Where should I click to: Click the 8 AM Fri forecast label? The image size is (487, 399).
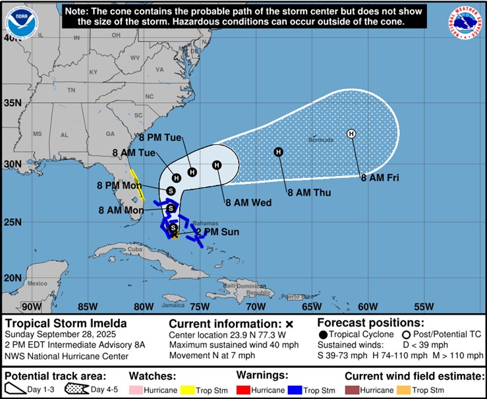pos(380,177)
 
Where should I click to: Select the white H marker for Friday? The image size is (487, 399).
pos(351,134)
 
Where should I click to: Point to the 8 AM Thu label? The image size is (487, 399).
pos(308,193)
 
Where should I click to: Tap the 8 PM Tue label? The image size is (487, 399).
pos(159,138)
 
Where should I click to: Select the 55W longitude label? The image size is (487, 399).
pos(424,306)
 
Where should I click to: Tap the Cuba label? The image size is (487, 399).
pos(134,249)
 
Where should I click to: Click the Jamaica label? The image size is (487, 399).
pos(171,305)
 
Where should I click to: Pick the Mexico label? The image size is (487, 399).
pos(38,283)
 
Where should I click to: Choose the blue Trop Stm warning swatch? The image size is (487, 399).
pos(295,390)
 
